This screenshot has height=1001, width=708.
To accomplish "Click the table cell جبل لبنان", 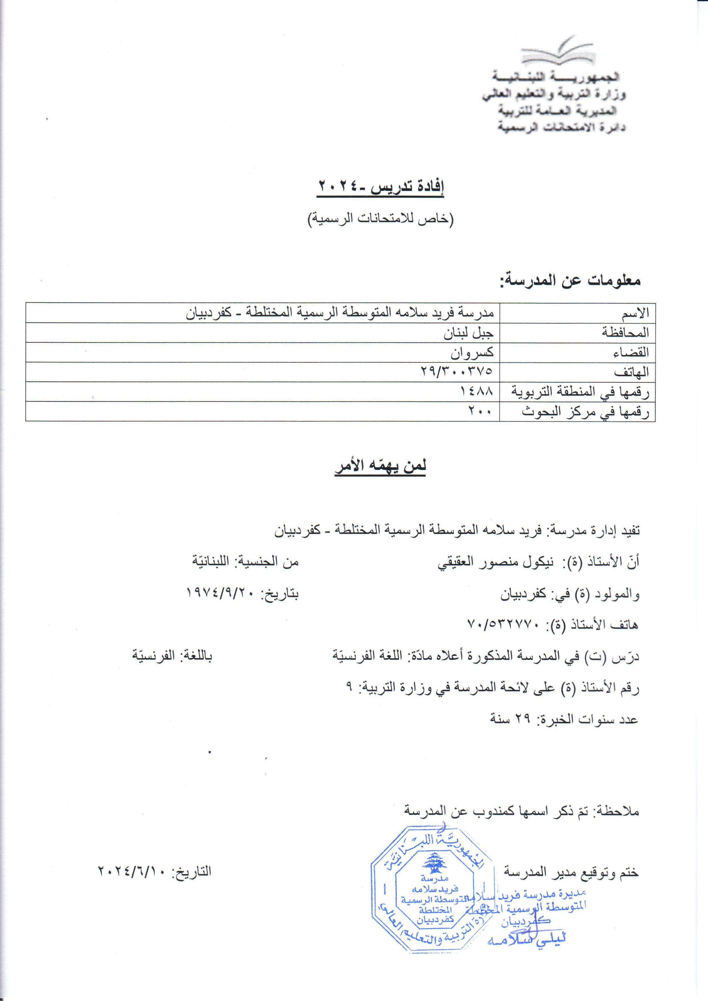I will pos(468,333).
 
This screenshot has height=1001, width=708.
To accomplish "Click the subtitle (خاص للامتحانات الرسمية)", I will pos(381,219).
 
